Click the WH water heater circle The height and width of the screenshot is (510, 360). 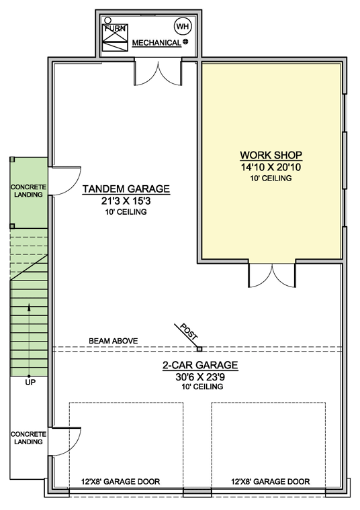point(182,26)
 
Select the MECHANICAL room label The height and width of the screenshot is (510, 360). point(156,43)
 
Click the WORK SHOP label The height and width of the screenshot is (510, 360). point(271,154)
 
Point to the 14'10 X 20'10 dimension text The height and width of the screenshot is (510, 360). point(271,166)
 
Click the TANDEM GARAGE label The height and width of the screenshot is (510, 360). point(126,189)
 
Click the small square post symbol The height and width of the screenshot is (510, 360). point(199,348)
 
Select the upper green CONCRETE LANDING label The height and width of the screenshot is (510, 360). point(28,191)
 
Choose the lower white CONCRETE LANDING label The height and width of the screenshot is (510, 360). point(28,438)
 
